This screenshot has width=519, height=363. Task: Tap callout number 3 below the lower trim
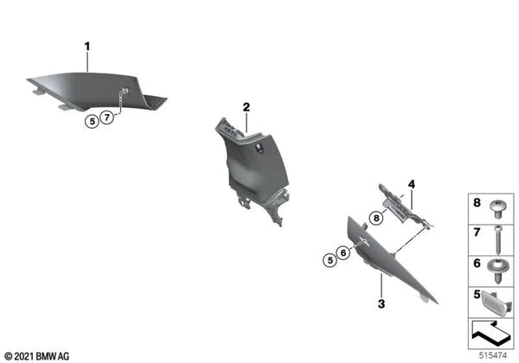tap(380, 304)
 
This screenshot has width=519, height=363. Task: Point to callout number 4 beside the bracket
tap(412, 184)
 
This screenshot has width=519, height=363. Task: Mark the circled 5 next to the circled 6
tap(329, 258)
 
